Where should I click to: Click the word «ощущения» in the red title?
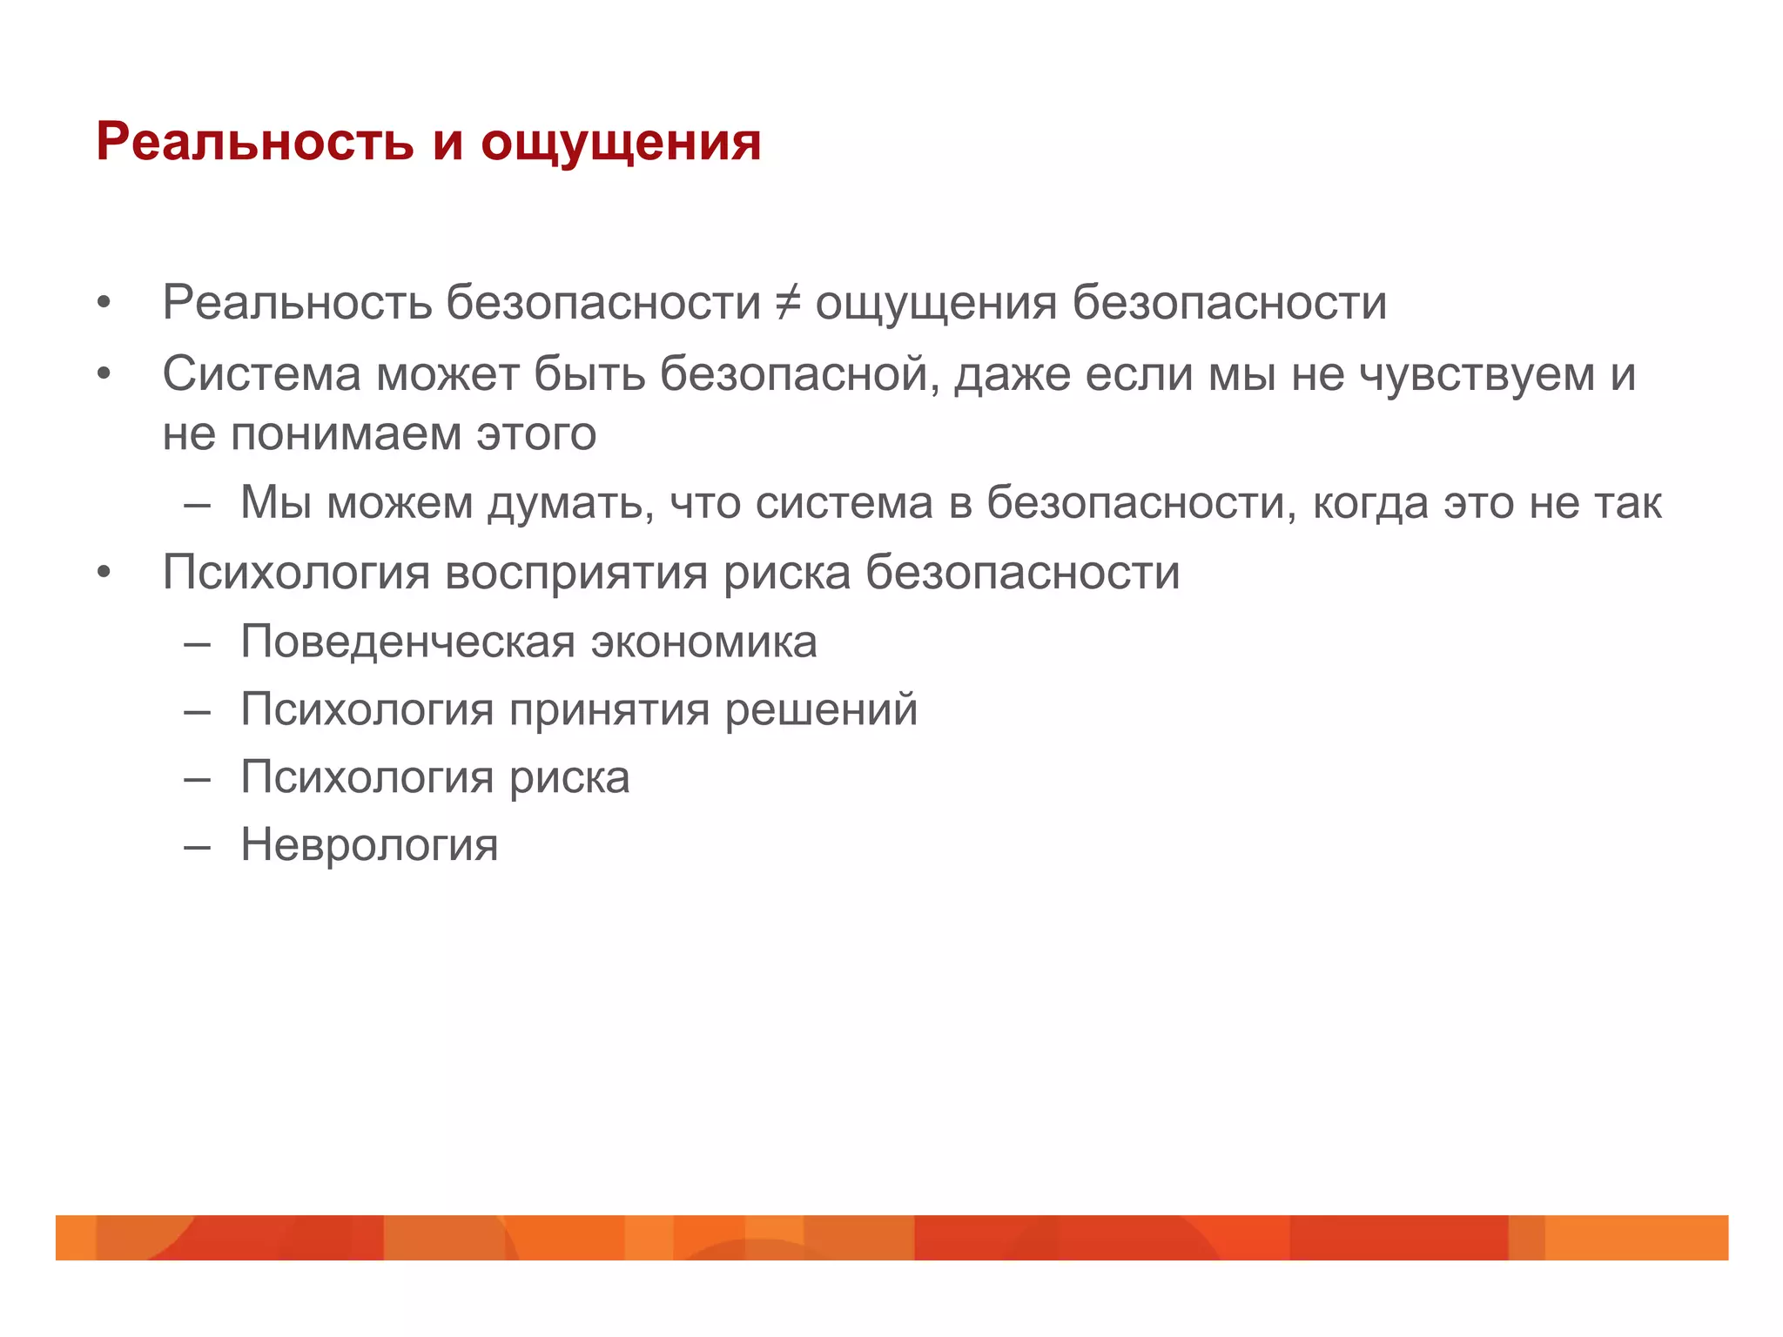621,143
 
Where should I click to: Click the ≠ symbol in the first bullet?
787,303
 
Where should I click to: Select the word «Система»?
261,374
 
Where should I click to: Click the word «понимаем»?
346,433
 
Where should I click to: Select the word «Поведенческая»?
408,642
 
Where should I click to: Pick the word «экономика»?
704,642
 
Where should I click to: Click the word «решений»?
821,709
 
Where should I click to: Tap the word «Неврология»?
369,844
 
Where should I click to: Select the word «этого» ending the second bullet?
535,433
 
